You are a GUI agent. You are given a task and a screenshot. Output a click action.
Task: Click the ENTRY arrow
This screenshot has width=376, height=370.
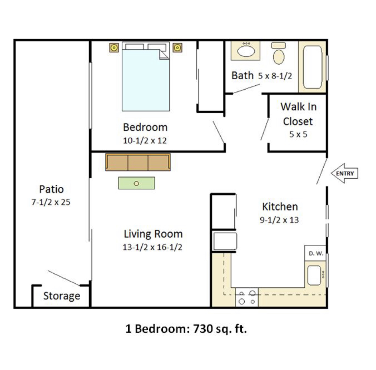pyautogui.click(x=345, y=173)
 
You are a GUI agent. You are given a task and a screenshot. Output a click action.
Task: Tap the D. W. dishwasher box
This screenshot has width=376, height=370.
pyautogui.click(x=315, y=253)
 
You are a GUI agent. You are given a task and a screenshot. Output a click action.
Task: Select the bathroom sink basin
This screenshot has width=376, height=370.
pyautogui.click(x=246, y=51)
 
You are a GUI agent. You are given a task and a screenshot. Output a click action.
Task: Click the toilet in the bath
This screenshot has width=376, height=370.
pyautogui.click(x=279, y=53)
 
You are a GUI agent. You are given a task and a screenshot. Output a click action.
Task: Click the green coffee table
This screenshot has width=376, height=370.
pyautogui.click(x=137, y=183)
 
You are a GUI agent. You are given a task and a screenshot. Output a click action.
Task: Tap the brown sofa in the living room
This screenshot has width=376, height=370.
pyautogui.click(x=138, y=162)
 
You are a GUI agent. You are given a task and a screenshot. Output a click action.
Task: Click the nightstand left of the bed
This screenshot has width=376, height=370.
pyautogui.click(x=114, y=48)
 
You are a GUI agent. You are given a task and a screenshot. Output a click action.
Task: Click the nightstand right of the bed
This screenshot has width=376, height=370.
pyautogui.click(x=177, y=48)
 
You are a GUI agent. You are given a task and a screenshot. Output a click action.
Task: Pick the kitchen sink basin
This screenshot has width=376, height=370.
pyautogui.click(x=314, y=275)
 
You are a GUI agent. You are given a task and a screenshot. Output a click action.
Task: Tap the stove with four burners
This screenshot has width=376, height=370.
pyautogui.click(x=247, y=297)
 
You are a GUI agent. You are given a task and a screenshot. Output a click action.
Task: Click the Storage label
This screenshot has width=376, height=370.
pyautogui.click(x=62, y=296)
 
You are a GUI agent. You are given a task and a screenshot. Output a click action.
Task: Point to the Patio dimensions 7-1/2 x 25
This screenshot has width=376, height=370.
pyautogui.click(x=51, y=202)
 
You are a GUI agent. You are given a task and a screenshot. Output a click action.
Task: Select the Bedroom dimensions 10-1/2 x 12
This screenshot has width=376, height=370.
pyautogui.click(x=145, y=140)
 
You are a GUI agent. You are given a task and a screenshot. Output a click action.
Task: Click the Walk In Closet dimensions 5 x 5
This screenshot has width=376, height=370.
pyautogui.click(x=298, y=134)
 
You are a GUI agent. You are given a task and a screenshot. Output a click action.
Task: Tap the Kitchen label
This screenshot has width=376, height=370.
pyautogui.click(x=280, y=207)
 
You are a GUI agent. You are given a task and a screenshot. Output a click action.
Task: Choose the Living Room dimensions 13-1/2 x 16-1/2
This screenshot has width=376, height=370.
pyautogui.click(x=152, y=247)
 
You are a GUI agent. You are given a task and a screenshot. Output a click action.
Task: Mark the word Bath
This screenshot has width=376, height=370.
pyautogui.click(x=242, y=75)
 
